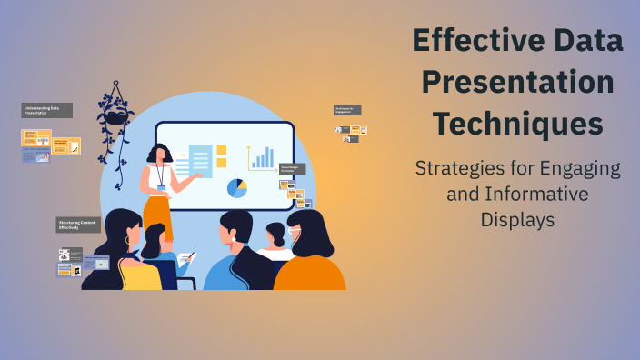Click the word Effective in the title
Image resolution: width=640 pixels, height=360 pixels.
[469, 42]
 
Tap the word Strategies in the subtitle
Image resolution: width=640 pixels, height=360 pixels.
[459, 168]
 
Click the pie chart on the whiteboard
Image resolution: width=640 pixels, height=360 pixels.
[236, 188]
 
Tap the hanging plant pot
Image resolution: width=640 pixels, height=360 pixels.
[115, 115]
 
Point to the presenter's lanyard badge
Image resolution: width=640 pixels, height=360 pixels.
[161, 188]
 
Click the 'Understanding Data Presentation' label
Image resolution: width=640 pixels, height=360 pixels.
[46, 110]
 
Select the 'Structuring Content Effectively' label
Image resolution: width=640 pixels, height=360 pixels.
[76, 225]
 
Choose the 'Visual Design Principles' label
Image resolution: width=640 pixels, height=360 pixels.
[292, 168]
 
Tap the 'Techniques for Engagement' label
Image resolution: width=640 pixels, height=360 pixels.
[347, 110]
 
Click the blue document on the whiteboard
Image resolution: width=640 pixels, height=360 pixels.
[200, 163]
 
